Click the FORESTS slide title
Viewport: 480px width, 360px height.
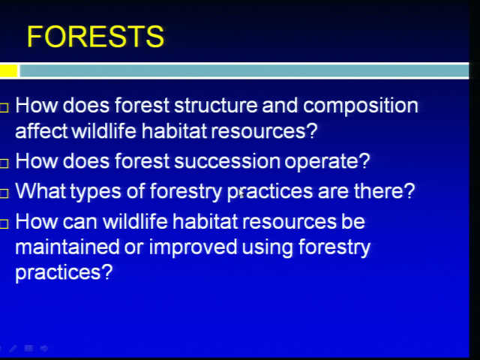(x=95, y=37)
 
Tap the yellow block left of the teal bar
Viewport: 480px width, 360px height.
(x=8, y=70)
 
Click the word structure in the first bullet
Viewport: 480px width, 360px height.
(x=215, y=105)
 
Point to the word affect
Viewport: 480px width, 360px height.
(x=41, y=130)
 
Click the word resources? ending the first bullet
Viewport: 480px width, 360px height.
(x=264, y=132)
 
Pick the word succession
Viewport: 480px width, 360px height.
(x=226, y=161)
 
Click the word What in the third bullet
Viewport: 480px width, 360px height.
(x=40, y=190)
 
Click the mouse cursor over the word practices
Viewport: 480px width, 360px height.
(x=241, y=193)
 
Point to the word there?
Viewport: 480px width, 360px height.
(x=384, y=190)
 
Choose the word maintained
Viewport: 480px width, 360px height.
(x=67, y=247)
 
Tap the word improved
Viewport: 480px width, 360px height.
(x=193, y=248)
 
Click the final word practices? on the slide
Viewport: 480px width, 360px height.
(x=64, y=273)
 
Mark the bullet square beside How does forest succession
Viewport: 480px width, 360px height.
(x=4, y=163)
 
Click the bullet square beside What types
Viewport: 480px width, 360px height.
(x=4, y=193)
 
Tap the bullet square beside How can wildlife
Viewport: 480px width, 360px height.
(x=4, y=224)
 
